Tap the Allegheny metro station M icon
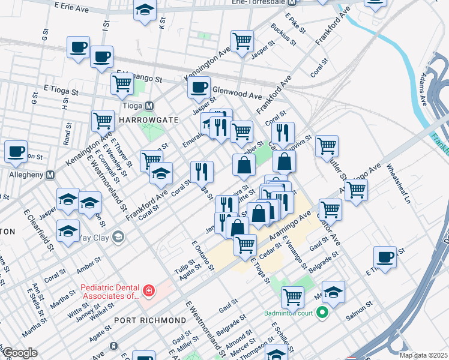[x=51, y=175]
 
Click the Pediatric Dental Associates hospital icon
[x=148, y=292]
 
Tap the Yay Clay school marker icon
[x=118, y=236]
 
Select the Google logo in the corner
[x=20, y=353]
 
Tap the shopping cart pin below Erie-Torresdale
[x=242, y=41]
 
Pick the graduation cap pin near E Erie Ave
[x=144, y=11]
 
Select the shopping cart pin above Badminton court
[x=292, y=295]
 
